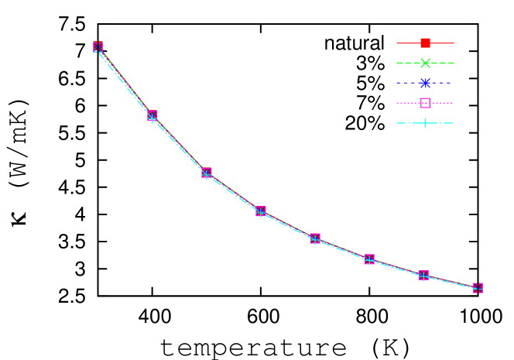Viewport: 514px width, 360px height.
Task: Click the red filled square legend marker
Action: click(x=425, y=43)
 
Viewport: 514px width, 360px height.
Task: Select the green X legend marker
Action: click(x=425, y=63)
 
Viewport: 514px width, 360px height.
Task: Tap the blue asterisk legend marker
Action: click(x=425, y=83)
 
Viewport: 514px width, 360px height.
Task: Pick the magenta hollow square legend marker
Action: click(x=425, y=103)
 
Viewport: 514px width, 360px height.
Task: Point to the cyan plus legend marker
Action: click(x=425, y=123)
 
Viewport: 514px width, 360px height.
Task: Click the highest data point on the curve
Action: click(x=98, y=46)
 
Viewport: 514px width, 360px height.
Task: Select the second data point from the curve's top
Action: click(x=152, y=115)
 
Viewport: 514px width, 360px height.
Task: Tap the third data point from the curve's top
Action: click(x=207, y=173)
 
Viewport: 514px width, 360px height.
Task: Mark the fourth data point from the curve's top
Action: click(x=261, y=211)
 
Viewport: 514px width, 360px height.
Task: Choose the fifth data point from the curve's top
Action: click(x=315, y=238)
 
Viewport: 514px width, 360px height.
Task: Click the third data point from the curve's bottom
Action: click(x=369, y=259)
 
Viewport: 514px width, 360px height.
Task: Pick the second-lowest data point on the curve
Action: click(x=423, y=275)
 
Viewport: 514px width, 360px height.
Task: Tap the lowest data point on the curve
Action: click(x=478, y=288)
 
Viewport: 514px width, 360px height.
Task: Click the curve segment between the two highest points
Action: click(x=125, y=81)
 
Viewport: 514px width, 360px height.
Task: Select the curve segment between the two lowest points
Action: click(x=451, y=282)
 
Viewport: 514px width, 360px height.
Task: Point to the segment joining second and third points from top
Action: click(x=180, y=145)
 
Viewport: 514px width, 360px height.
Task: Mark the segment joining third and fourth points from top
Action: click(x=234, y=193)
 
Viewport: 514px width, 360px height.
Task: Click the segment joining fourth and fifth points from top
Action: click(x=288, y=225)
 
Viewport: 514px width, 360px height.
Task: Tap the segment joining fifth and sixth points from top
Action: click(x=342, y=249)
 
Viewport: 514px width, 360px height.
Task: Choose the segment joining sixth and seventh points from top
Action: click(x=396, y=267)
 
